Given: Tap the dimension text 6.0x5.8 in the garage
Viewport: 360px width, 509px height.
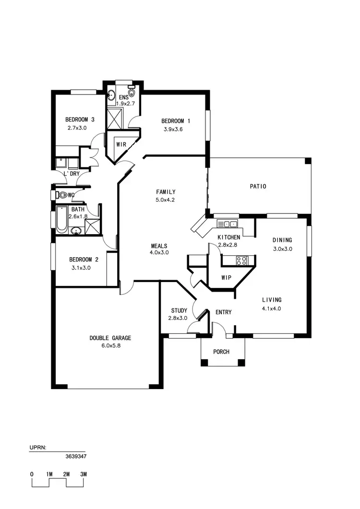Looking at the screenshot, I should pos(110,346).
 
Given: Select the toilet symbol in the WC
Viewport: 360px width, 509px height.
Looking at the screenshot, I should pos(61,195).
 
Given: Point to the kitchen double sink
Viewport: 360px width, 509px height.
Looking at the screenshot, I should pos(228,224).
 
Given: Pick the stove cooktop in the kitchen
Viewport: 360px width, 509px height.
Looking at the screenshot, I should pos(241,261).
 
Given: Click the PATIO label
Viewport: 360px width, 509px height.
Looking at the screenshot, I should pos(257,187).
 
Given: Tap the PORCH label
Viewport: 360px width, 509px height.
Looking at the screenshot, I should pos(221,352).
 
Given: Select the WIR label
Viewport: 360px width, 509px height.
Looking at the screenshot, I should pos(121,144).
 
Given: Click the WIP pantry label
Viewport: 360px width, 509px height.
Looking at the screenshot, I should pos(227,278).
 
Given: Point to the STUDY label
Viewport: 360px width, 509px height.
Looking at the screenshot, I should pos(179,310).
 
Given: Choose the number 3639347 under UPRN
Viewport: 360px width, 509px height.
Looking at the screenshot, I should pos(76,457).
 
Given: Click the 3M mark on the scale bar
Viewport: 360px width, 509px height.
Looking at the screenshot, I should pos(84,474).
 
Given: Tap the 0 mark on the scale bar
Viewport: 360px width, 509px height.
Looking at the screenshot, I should pos(32,474).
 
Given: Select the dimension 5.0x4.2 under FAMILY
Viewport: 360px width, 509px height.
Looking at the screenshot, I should pos(165,200).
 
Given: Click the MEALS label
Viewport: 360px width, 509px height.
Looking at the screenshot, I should pos(159,245).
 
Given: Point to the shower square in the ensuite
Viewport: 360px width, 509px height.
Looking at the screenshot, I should pos(116,118).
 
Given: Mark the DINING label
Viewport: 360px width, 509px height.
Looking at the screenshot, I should pos(282,240).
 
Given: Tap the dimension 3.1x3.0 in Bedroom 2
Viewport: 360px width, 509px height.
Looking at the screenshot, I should pos(81,268).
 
